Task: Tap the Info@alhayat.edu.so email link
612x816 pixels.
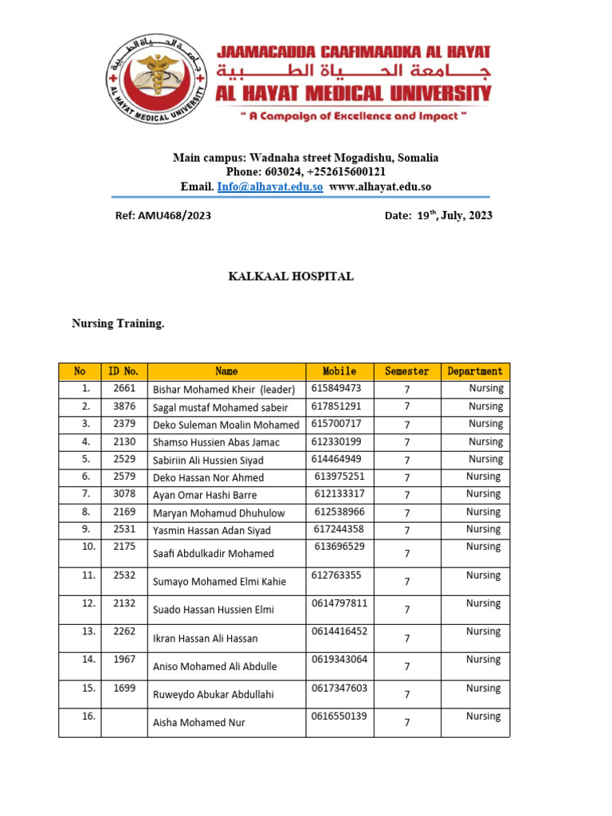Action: tap(269, 186)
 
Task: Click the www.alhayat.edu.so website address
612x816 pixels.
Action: tap(380, 186)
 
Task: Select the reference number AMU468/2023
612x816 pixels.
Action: tap(163, 215)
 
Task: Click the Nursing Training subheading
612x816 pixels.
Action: tap(118, 324)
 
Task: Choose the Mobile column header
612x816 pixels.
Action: tap(339, 371)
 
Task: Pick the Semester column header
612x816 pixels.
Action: tap(406, 371)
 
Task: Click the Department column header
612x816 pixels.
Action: tap(475, 371)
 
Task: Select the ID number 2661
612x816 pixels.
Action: tap(124, 389)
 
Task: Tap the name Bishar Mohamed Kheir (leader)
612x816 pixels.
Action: tap(224, 390)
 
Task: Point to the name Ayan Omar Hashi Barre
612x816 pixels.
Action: tap(205, 496)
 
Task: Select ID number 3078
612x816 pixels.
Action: tap(124, 494)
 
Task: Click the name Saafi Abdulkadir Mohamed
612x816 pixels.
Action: tap(213, 554)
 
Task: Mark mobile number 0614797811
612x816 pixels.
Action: tap(339, 603)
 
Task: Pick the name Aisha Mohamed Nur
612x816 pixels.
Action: tap(198, 723)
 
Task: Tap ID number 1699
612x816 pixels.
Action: tap(124, 688)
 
